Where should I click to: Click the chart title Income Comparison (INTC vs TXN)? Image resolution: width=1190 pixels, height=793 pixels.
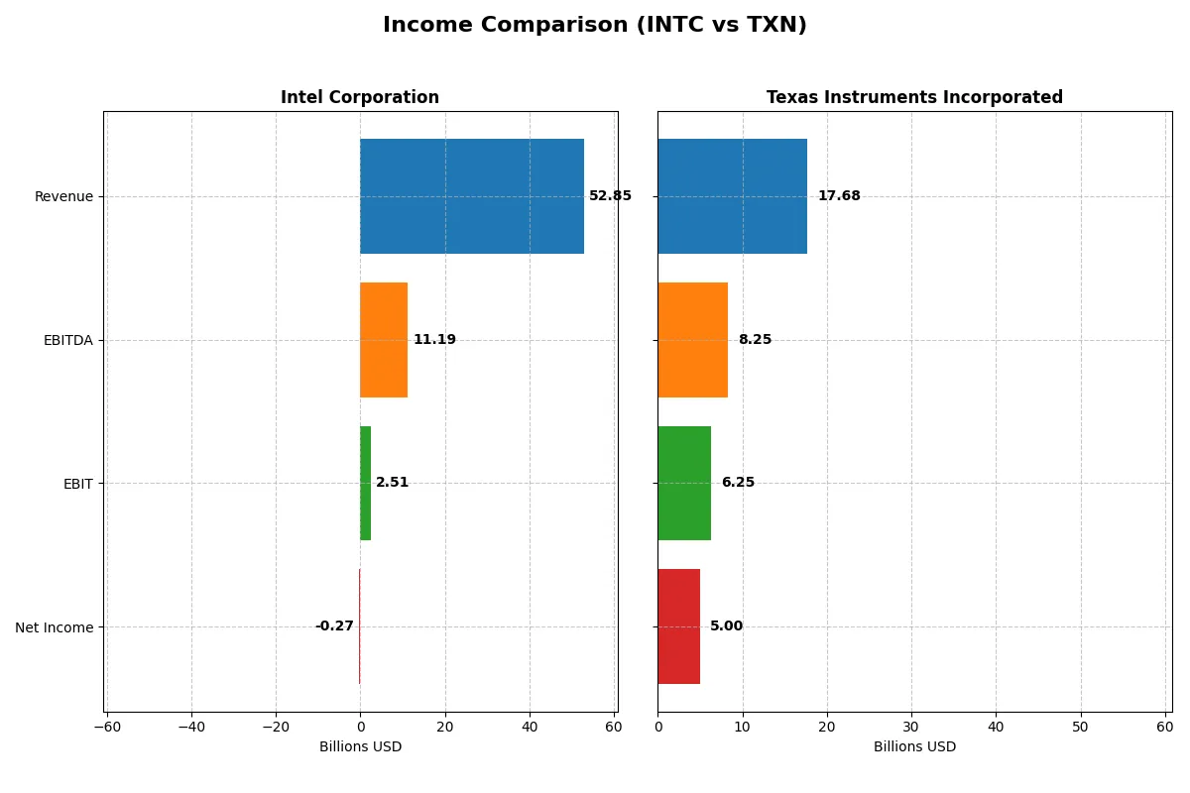(x=594, y=26)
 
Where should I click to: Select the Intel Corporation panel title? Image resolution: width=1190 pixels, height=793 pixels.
(x=359, y=97)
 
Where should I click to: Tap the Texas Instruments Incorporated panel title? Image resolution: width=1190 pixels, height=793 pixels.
(x=913, y=97)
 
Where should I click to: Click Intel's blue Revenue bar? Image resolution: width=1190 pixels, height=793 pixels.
(x=471, y=196)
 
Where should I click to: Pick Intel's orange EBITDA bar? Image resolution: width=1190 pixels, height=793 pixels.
(x=383, y=340)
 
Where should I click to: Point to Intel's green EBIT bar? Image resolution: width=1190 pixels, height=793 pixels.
(x=365, y=483)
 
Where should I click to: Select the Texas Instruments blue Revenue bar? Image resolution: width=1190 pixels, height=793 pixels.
(x=732, y=196)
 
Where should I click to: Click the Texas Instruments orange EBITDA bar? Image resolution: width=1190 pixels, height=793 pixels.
(x=692, y=340)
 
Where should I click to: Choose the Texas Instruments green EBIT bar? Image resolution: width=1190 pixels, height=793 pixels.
(x=683, y=483)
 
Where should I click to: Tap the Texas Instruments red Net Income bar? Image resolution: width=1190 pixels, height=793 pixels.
(x=678, y=626)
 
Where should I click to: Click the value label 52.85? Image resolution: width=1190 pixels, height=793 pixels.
(x=610, y=196)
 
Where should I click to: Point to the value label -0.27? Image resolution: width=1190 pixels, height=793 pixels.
(x=334, y=626)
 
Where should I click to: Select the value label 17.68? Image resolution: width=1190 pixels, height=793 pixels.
(x=839, y=196)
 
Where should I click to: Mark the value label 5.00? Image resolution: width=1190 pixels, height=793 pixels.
(x=726, y=626)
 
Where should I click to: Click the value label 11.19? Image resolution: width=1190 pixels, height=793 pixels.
(x=434, y=340)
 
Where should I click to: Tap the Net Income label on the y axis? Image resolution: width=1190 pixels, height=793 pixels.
(x=55, y=627)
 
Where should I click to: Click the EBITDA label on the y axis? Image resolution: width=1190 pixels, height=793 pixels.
(x=68, y=340)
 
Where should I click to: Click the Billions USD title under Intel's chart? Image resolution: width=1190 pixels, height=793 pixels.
(x=360, y=746)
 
